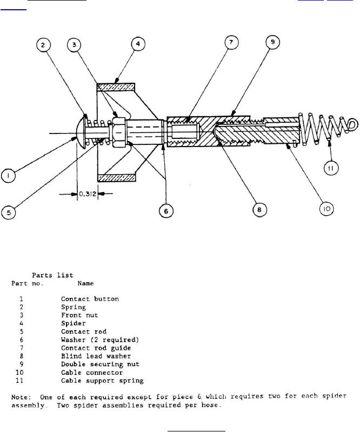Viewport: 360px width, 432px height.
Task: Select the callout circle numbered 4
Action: pos(138,44)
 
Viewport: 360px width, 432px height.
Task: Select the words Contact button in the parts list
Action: pos(90,298)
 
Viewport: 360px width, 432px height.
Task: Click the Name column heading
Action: pos(85,283)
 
